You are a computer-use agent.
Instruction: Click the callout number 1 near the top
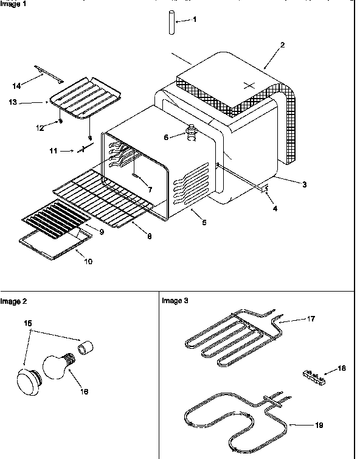[x=195, y=19]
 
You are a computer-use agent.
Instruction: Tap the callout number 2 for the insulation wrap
[x=282, y=44]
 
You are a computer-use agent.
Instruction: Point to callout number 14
[x=16, y=86]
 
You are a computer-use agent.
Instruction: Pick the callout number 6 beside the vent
[x=165, y=138]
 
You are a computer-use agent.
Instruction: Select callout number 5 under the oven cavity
[x=204, y=223]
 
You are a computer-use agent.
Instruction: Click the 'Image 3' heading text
[x=175, y=301]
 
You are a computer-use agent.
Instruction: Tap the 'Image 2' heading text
[x=13, y=301]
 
